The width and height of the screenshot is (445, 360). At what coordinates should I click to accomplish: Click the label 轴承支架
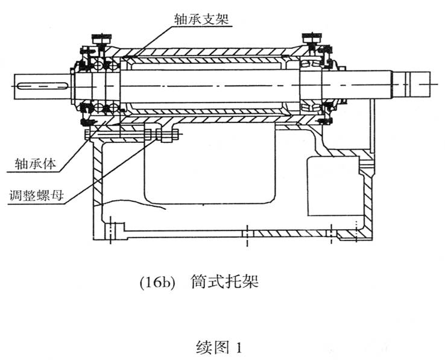[201, 19]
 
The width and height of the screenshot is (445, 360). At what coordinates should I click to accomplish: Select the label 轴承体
[36, 164]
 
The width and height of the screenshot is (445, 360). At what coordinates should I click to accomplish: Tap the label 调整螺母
[36, 195]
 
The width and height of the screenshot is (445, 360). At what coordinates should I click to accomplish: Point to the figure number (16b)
[157, 283]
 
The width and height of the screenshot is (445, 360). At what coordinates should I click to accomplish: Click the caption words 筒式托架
[224, 282]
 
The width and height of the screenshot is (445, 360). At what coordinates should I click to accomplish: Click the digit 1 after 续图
[239, 347]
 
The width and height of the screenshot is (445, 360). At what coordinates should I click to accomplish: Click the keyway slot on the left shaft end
[43, 86]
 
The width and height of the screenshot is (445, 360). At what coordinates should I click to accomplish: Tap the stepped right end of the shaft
[412, 84]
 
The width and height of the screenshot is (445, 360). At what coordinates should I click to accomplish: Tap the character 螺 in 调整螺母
[43, 195]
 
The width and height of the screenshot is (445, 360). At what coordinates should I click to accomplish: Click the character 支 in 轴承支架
[208, 19]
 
